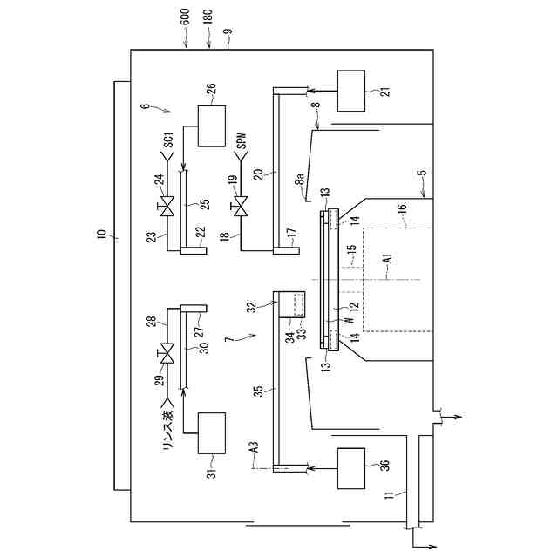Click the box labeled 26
211,126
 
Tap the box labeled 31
211,432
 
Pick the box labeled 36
351,469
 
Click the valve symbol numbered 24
168,207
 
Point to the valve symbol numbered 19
241,207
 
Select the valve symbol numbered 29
168,355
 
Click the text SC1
169,139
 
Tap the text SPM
242,140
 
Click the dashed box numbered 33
299,305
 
